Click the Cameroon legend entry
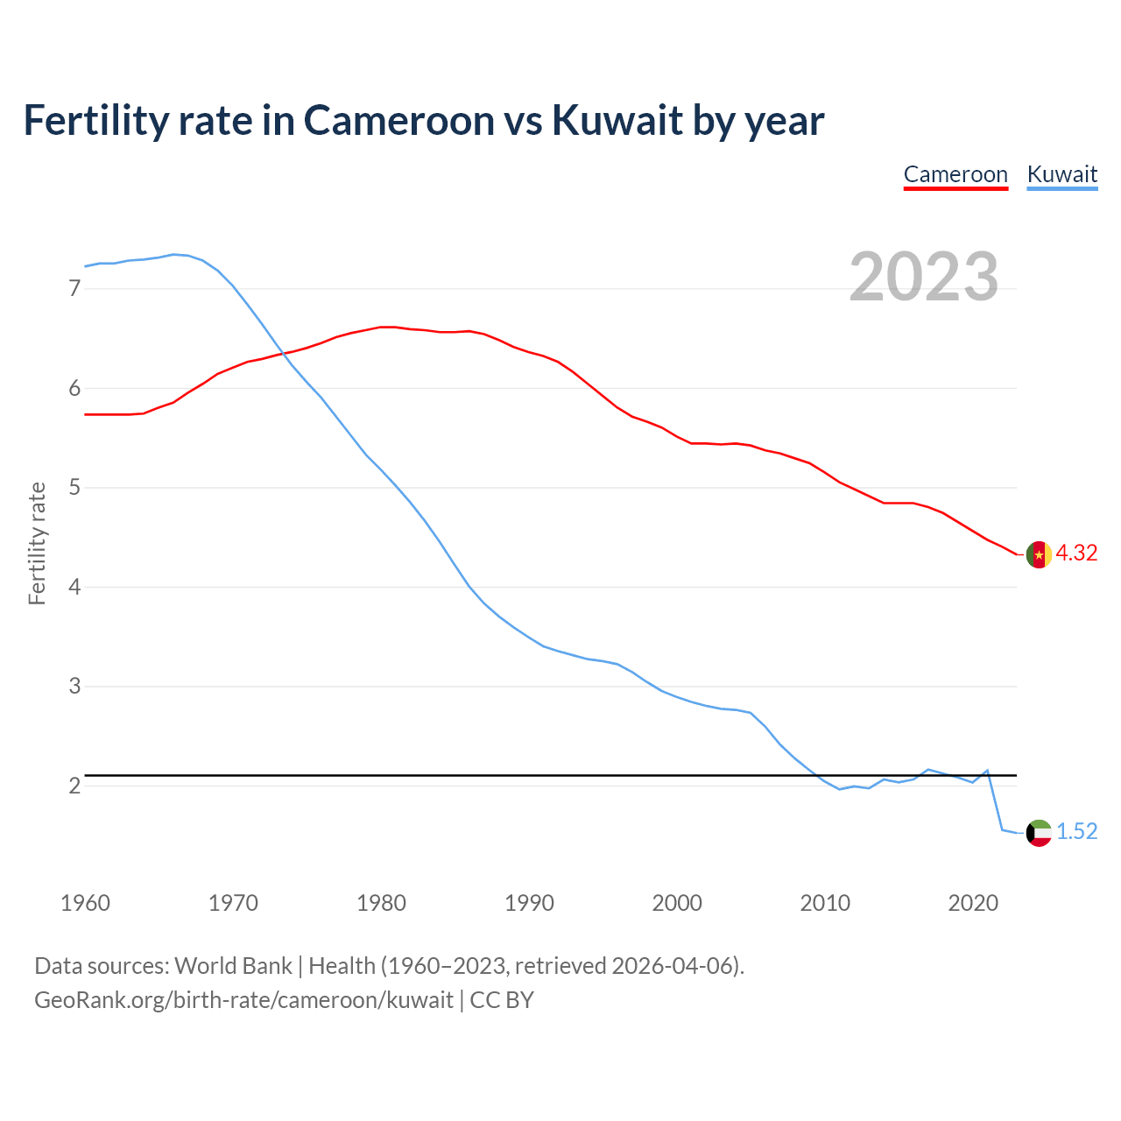tap(955, 174)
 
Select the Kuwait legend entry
tap(1061, 174)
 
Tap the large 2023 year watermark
tap(924, 277)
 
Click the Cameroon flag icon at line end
tap(1039, 555)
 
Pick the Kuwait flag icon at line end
tap(1039, 833)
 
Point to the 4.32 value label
tap(1076, 553)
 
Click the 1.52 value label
tap(1076, 832)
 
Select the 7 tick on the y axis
tap(74, 288)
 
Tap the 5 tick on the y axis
tap(74, 487)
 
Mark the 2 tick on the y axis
tap(74, 786)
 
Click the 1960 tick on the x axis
tap(85, 903)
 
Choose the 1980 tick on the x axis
tap(381, 903)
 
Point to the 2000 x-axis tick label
tap(677, 903)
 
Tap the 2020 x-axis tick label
tap(973, 903)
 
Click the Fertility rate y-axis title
tap(37, 543)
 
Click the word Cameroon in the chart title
tap(398, 121)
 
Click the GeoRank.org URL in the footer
tap(243, 1000)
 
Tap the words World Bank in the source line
tap(233, 966)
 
